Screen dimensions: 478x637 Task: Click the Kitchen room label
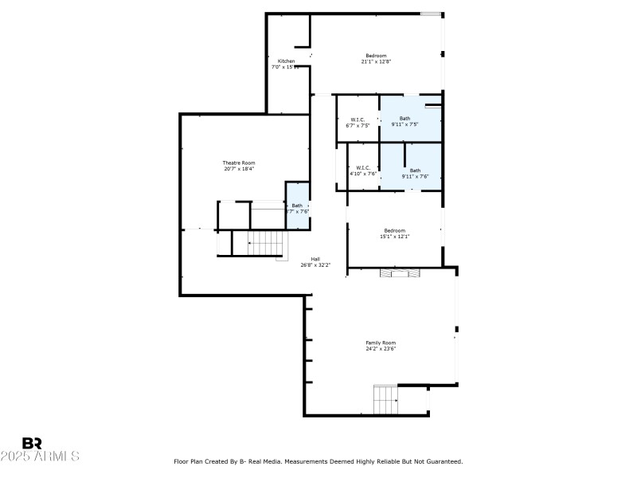pyautogui.click(x=286, y=61)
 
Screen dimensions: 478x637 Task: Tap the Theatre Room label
pyautogui.click(x=239, y=163)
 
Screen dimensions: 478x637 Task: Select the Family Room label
pyautogui.click(x=381, y=343)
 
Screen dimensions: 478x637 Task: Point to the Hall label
pyautogui.click(x=315, y=259)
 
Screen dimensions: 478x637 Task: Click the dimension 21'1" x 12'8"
pyautogui.click(x=376, y=61)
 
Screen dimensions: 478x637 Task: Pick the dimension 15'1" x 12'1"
pyautogui.click(x=395, y=237)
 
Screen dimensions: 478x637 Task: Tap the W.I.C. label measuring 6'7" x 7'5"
pyautogui.click(x=358, y=119)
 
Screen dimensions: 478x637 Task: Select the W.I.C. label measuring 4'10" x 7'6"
pyautogui.click(x=363, y=167)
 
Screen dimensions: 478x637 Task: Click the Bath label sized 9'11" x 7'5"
pyautogui.click(x=405, y=119)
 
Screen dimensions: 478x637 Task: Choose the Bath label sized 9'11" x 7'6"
pyautogui.click(x=415, y=170)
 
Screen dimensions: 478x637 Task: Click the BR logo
pyautogui.click(x=32, y=443)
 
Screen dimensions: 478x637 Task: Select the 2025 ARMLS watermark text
pyautogui.click(x=40, y=456)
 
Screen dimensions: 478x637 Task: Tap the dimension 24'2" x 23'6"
pyautogui.click(x=381, y=348)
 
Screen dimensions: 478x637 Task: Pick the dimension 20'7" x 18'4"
pyautogui.click(x=239, y=168)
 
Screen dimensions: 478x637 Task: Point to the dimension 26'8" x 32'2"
pyautogui.click(x=315, y=264)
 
